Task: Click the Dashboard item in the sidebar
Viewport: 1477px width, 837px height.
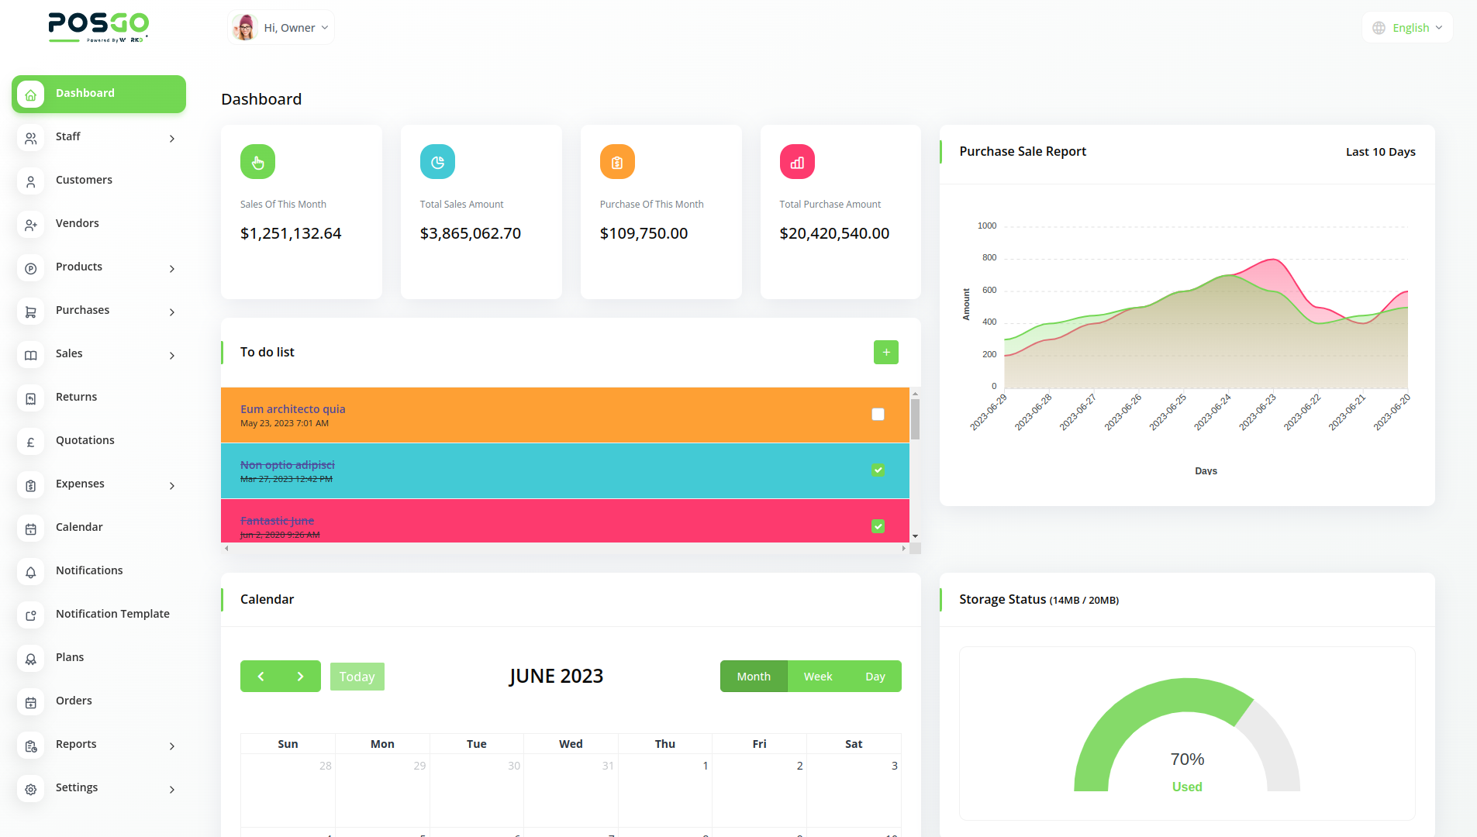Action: pyautogui.click(x=98, y=94)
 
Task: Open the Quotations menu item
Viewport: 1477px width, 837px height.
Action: pyautogui.click(x=85, y=440)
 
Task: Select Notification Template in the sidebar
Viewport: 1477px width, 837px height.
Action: pyautogui.click(x=112, y=614)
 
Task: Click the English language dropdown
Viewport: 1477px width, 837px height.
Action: pyautogui.click(x=1408, y=28)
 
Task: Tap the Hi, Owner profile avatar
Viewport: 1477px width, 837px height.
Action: pyautogui.click(x=246, y=28)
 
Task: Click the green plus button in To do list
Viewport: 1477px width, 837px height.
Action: pyautogui.click(x=885, y=353)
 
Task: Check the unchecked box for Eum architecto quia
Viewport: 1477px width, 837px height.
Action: pyautogui.click(x=878, y=415)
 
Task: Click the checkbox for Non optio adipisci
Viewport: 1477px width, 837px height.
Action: pyautogui.click(x=878, y=470)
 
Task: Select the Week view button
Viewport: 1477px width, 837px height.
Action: pyautogui.click(x=817, y=677)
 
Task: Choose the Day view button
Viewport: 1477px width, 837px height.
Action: pyautogui.click(x=875, y=677)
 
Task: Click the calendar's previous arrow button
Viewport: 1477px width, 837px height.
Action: pyautogui.click(x=261, y=677)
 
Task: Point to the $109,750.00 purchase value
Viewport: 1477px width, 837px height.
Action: pyautogui.click(x=644, y=233)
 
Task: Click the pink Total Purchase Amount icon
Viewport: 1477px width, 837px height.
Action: pyautogui.click(x=797, y=162)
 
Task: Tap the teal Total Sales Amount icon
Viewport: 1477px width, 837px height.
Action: pyautogui.click(x=437, y=162)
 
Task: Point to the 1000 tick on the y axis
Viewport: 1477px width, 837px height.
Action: pyautogui.click(x=986, y=226)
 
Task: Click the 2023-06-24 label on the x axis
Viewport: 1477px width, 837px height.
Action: pyautogui.click(x=1213, y=412)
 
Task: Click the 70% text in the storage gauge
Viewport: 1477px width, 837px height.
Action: pyautogui.click(x=1187, y=759)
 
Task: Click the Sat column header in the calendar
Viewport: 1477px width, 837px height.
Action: pyautogui.click(x=853, y=744)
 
